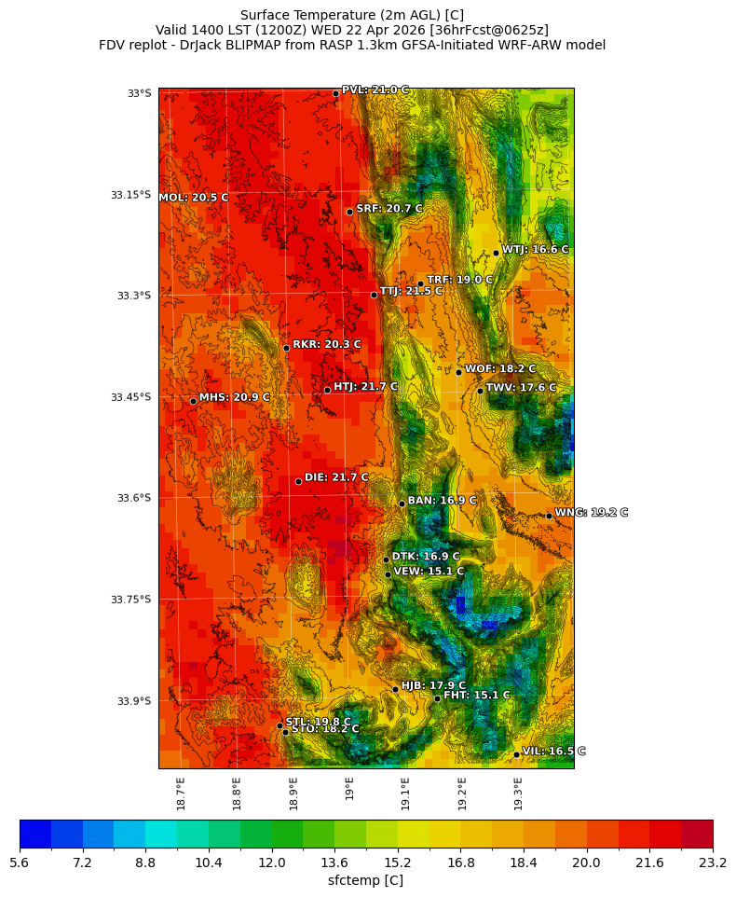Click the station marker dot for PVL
point(335,93)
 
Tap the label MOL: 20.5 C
point(194,198)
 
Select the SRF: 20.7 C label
point(389,209)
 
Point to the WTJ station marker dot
point(496,253)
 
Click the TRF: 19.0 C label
point(459,280)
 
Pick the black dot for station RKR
point(286,348)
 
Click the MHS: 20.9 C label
point(234,397)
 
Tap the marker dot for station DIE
point(298,481)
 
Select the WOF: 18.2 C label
point(500,369)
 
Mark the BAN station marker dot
point(402,504)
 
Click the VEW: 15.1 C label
point(429,572)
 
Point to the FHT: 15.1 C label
point(476,696)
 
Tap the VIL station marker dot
point(516,754)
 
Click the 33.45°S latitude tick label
point(130,397)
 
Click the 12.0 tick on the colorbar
point(272,863)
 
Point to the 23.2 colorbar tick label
point(713,863)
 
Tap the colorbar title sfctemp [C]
point(365,880)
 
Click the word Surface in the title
point(266,15)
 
